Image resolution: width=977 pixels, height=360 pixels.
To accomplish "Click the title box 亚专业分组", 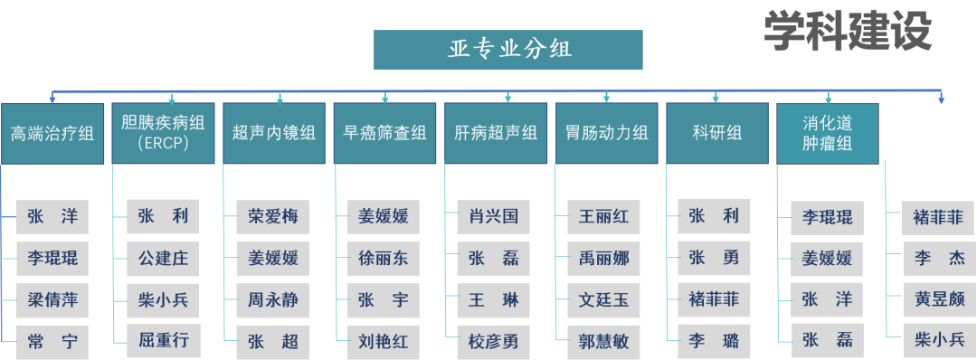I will click(x=508, y=50).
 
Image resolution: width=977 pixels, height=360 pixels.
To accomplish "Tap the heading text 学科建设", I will click(x=847, y=31).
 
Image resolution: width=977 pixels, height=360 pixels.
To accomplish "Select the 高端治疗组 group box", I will click(x=52, y=133).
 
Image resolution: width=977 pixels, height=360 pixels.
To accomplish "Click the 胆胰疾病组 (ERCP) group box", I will click(x=163, y=133).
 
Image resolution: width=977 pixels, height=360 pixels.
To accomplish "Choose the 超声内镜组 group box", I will click(x=274, y=133).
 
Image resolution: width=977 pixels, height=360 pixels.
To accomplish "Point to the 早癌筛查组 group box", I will click(x=384, y=133).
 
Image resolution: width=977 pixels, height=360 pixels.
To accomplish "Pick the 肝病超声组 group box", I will click(x=496, y=133).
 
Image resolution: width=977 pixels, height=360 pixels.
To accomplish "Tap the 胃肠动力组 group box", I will click(x=607, y=133).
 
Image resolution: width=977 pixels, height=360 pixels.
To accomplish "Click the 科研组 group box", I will click(x=717, y=133).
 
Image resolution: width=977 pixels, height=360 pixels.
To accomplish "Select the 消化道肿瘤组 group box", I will click(x=828, y=133).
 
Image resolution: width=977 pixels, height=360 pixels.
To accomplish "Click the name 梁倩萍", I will click(x=52, y=299).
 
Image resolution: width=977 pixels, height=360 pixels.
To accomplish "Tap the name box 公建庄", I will click(x=163, y=259).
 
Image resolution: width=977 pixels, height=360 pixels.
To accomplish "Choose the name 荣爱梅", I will click(x=273, y=217).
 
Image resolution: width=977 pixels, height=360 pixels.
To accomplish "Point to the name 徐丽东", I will click(x=384, y=259).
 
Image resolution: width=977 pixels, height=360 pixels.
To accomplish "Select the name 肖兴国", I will click(x=494, y=217).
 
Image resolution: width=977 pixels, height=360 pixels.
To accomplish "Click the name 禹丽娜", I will click(x=604, y=259).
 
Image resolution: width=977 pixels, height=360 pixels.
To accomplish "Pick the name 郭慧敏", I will click(x=604, y=341).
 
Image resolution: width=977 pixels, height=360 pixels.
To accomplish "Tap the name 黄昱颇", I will click(x=939, y=299).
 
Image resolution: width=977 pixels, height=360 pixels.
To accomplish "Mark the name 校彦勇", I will click(x=494, y=341).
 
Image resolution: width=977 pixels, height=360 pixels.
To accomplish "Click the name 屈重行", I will click(x=163, y=341).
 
